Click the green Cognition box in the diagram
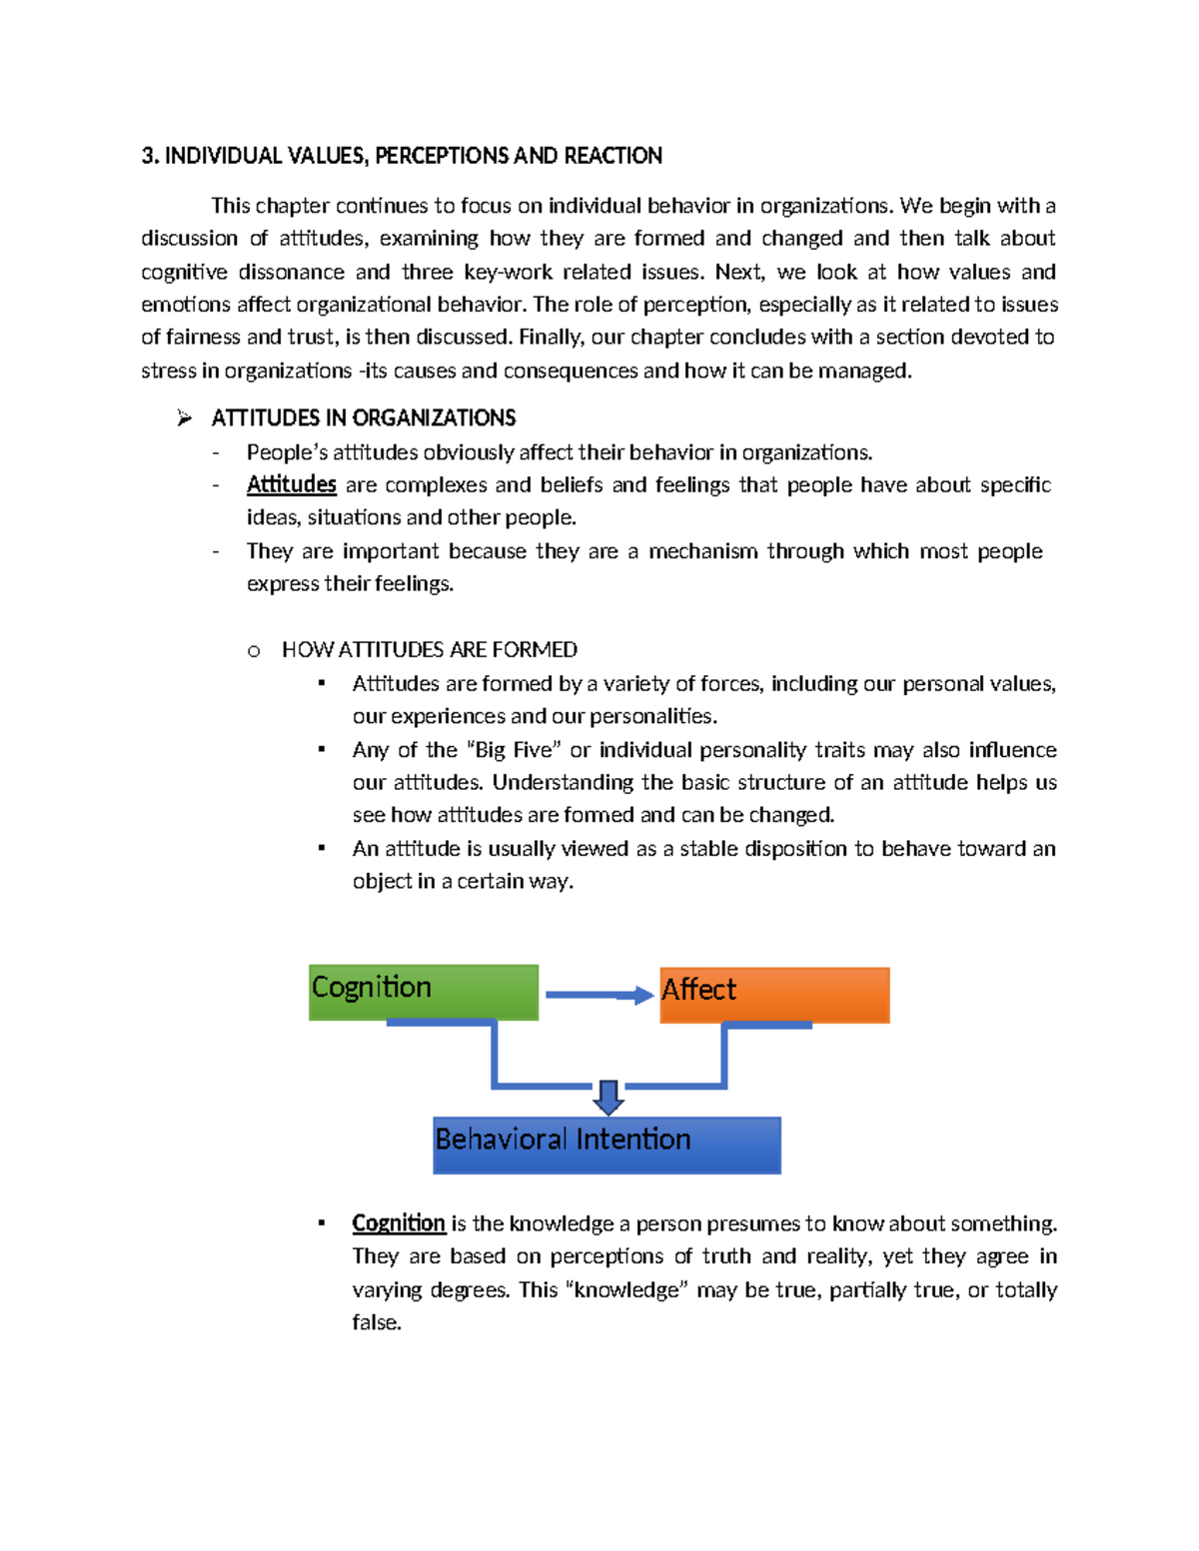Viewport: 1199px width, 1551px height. click(424, 992)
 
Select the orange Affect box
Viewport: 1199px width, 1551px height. click(774, 995)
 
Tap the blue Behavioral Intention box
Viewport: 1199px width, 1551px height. click(606, 1145)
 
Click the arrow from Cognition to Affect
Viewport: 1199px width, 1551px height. click(599, 995)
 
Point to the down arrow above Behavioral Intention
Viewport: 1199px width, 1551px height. click(608, 1097)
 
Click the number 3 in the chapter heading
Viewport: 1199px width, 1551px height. click(147, 156)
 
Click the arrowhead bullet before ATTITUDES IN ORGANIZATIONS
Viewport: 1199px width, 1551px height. click(184, 418)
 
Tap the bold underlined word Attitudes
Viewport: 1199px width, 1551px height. click(291, 485)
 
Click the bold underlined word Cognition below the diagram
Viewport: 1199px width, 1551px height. click(398, 1223)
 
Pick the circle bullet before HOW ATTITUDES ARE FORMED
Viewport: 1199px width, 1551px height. click(254, 651)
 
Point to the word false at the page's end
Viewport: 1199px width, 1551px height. click(376, 1322)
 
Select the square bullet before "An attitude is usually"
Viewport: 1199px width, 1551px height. click(322, 848)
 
